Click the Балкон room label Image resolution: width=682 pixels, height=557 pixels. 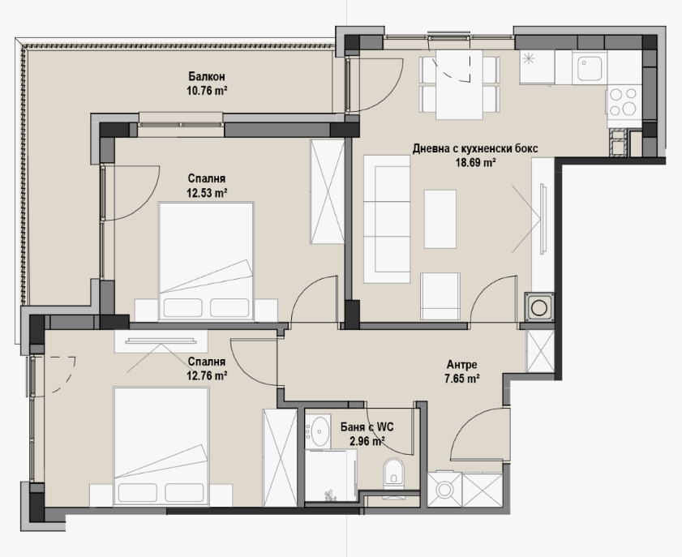[x=207, y=77]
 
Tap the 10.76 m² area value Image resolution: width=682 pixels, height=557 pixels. [x=208, y=91]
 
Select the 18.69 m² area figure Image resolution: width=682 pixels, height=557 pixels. [x=475, y=163]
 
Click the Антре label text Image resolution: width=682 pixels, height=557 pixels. [x=462, y=364]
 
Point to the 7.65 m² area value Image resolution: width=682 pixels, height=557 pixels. [x=462, y=379]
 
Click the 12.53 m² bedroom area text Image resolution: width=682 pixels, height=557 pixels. [x=207, y=193]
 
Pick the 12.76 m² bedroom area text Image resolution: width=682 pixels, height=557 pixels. [x=207, y=375]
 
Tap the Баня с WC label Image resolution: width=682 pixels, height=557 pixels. [x=367, y=427]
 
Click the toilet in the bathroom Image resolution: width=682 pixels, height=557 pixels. [x=394, y=474]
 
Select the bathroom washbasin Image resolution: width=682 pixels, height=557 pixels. [x=317, y=431]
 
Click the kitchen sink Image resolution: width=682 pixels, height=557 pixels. [x=590, y=68]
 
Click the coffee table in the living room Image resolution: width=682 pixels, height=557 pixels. [x=440, y=219]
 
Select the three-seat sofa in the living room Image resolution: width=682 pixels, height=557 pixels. [x=387, y=219]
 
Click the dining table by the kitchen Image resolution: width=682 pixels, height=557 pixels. [x=459, y=85]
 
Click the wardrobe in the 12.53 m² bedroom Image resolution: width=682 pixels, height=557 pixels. [x=327, y=191]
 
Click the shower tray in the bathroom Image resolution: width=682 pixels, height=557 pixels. [x=331, y=475]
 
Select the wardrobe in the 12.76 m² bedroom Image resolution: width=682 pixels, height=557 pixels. [x=280, y=457]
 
